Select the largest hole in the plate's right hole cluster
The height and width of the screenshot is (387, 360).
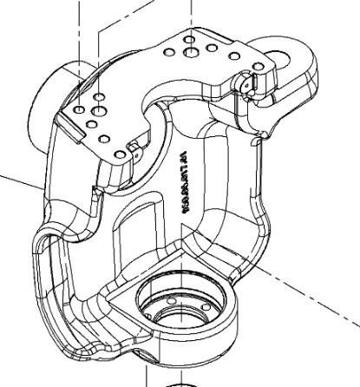pyautogui.click(x=191, y=52)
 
